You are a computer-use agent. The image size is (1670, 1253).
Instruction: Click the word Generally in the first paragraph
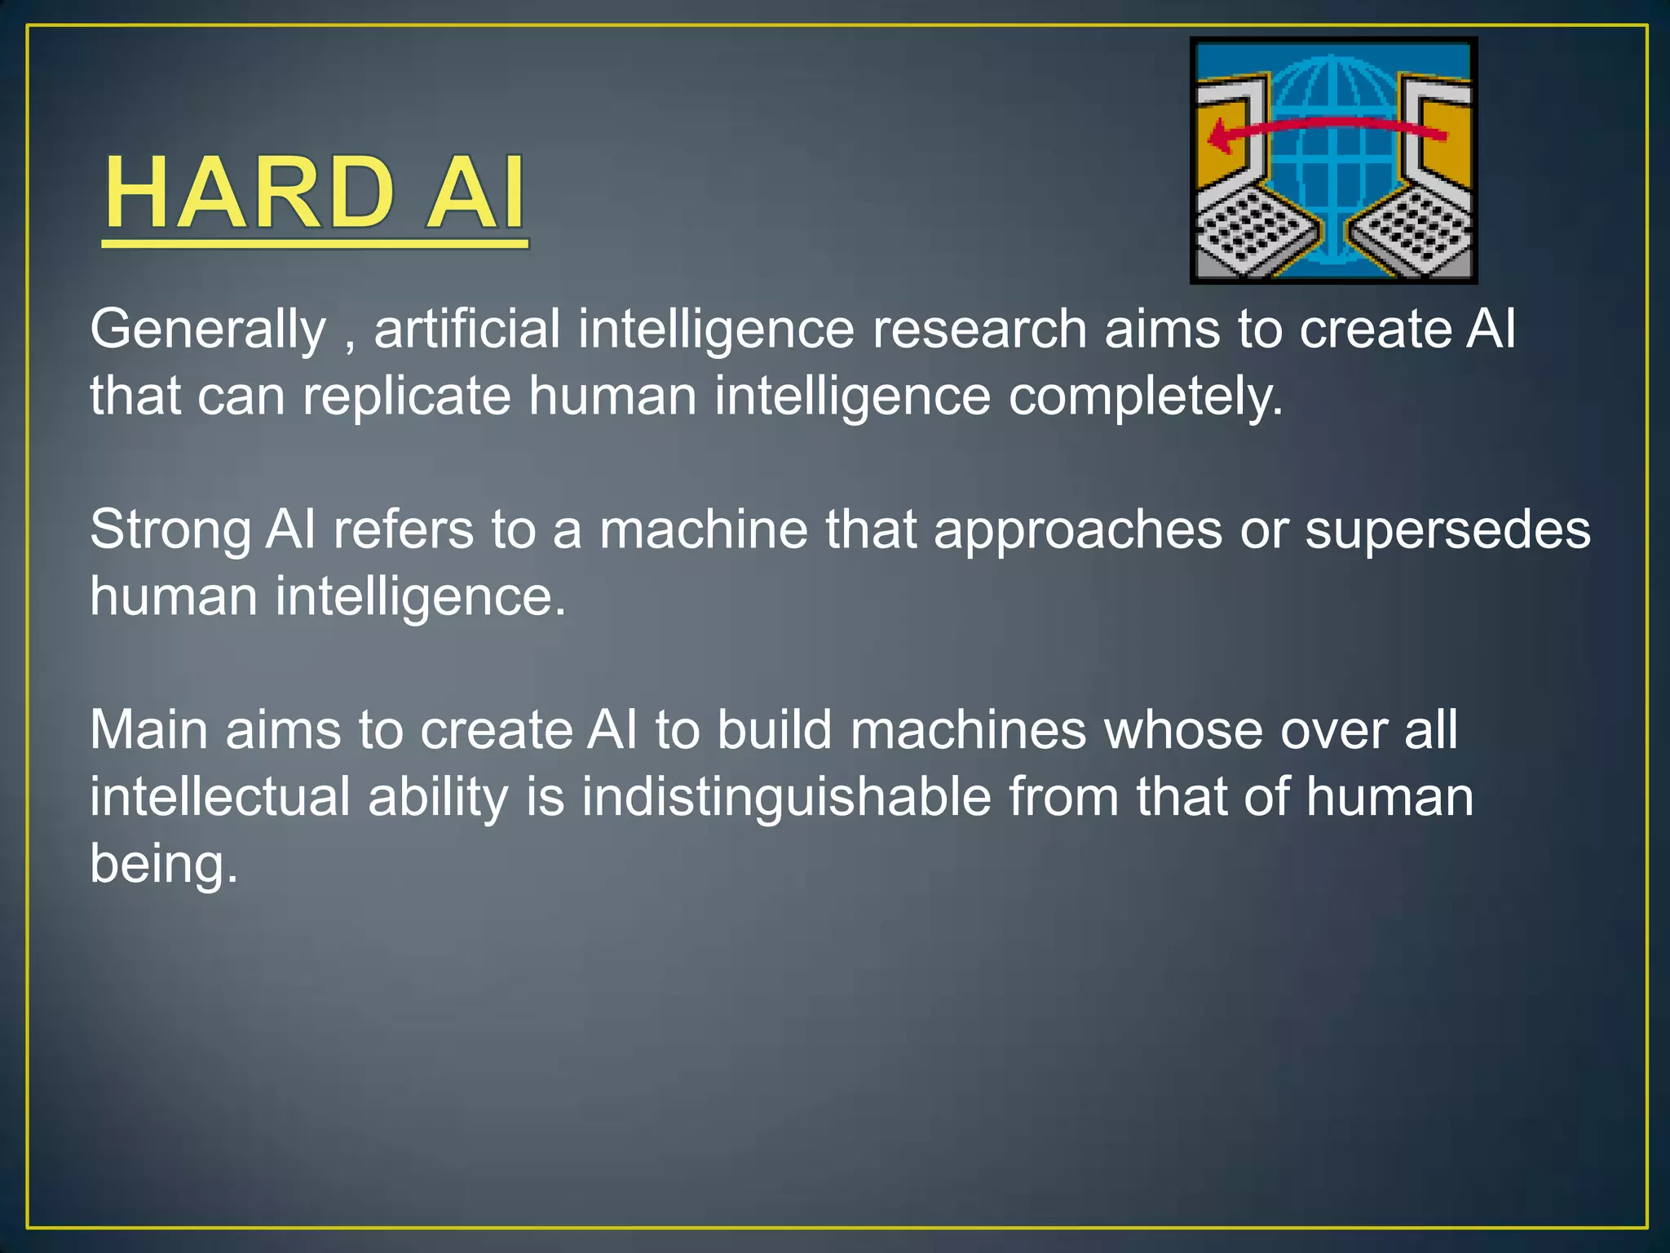(208, 330)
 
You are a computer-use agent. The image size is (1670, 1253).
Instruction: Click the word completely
(1145, 397)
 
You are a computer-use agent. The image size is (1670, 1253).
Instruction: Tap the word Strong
(170, 530)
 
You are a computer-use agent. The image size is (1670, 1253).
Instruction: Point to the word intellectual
(219, 797)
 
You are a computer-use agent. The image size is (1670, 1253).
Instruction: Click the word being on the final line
(163, 865)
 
